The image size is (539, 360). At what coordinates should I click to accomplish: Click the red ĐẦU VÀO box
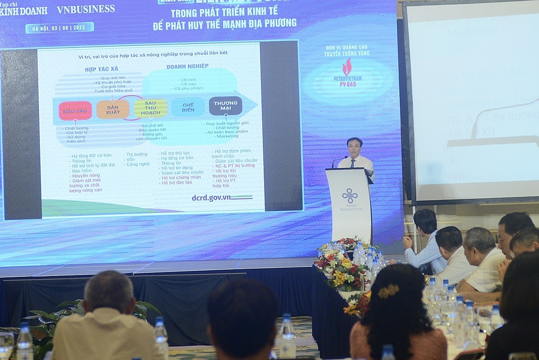75,111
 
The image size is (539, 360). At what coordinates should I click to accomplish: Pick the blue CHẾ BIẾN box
188,107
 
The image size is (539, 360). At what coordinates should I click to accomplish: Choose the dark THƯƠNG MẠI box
225,106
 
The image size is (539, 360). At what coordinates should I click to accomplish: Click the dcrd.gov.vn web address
211,197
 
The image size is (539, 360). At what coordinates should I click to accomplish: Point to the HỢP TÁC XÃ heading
102,69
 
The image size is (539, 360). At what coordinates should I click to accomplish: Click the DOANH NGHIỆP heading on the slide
187,66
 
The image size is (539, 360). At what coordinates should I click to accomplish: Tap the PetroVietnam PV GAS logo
347,74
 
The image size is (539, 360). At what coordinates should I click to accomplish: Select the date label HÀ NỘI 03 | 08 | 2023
60,28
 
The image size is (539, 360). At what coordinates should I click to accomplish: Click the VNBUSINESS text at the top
85,9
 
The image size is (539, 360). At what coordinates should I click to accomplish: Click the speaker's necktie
353,163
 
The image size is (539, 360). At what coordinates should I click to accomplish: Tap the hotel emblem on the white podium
349,196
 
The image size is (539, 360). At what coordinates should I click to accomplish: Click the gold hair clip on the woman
388,291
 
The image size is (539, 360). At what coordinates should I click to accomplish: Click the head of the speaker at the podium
354,147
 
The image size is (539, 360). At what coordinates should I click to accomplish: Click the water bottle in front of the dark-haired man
287,336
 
